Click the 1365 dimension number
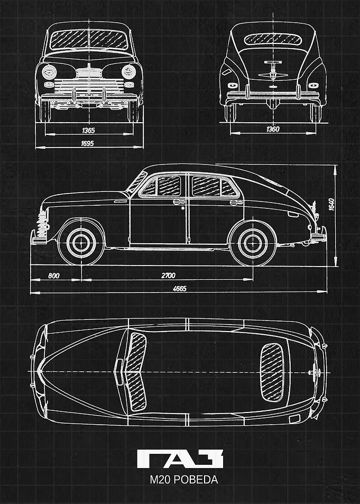[x=88, y=130]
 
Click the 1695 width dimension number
[x=87, y=143]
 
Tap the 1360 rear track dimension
[x=273, y=129]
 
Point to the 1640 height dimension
[x=331, y=205]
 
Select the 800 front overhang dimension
[x=54, y=276]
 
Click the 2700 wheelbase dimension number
[x=168, y=276]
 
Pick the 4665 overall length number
[x=179, y=288]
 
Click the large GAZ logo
[x=180, y=459]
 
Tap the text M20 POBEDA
[x=183, y=480]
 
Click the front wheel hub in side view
[x=81, y=243]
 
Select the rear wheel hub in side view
[x=253, y=244]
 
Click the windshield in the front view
[x=89, y=40]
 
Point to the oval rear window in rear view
[x=273, y=39]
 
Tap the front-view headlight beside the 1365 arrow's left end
[x=49, y=72]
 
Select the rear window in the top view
[x=272, y=372]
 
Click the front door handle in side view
[x=179, y=202]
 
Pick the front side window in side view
[x=162, y=187]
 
